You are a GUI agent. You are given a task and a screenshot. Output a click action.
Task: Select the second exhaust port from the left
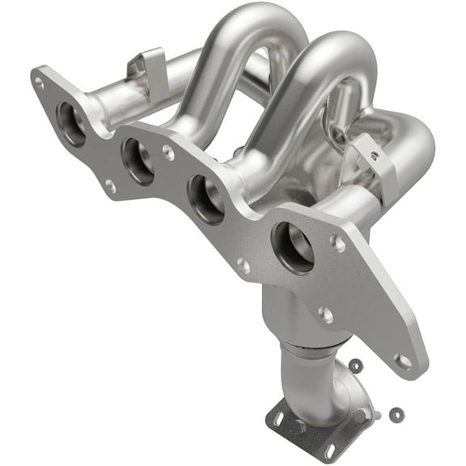pyautogui.click(x=138, y=159)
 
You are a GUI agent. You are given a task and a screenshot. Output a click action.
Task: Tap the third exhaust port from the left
pyautogui.click(x=205, y=198)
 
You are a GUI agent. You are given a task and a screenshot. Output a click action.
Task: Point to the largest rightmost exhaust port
pyautogui.click(x=294, y=247)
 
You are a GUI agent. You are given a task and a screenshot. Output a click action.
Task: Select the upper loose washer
pyautogui.click(x=356, y=366)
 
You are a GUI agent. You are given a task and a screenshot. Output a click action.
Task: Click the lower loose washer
pyautogui.click(x=395, y=414)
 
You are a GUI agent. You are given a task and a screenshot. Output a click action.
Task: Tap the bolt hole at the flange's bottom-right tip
pyautogui.click(x=402, y=360)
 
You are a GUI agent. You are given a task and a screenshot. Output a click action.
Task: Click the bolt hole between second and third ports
pyautogui.click(x=167, y=151)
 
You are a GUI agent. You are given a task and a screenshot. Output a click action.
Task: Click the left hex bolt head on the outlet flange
pyautogui.click(x=300, y=427)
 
